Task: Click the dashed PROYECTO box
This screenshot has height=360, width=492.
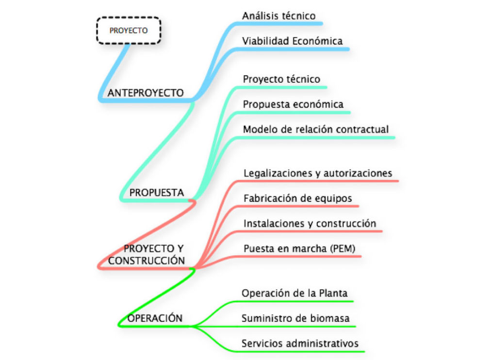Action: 129,31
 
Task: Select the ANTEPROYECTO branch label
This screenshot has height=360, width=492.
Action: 146,93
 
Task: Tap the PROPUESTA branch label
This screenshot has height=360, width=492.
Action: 157,193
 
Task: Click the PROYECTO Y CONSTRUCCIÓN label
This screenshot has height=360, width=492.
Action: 147,255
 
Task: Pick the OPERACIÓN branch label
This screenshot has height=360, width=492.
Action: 155,318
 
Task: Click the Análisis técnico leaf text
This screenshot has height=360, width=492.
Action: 279,16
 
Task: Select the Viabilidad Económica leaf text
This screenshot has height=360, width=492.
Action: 292,41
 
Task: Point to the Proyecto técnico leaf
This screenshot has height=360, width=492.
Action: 281,79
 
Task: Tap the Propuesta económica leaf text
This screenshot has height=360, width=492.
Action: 293,104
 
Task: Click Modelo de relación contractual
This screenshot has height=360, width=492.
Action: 316,130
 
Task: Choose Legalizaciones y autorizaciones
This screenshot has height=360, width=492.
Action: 318,173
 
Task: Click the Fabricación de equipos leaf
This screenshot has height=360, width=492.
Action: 298,198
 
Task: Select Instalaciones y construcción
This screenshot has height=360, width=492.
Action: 310,224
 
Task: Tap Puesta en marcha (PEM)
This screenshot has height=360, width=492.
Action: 299,248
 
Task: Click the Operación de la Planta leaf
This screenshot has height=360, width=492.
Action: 295,293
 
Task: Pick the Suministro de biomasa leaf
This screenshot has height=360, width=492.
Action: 295,318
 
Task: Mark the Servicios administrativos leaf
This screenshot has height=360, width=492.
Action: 300,344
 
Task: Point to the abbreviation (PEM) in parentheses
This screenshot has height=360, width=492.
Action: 343,248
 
